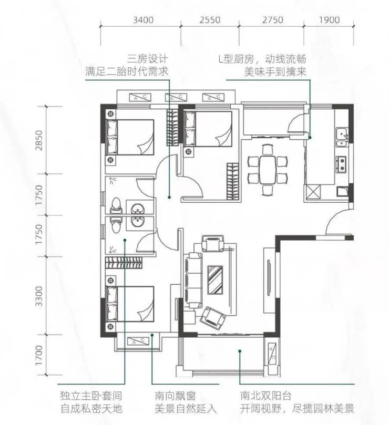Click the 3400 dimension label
pyautogui.click(x=143, y=20)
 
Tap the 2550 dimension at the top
pyautogui.click(x=210, y=20)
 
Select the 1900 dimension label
pyautogui.click(x=329, y=20)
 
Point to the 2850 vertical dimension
pyautogui.click(x=39, y=140)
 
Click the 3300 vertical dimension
pyautogui.click(x=39, y=296)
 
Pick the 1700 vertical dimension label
pyautogui.click(x=39, y=355)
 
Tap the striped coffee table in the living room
pyautogui.click(x=215, y=279)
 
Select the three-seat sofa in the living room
pyautogui.click(x=193, y=280)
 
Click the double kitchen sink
pyautogui.click(x=342, y=137)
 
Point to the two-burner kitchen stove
pyautogui.click(x=341, y=164)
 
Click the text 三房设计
pyautogui.click(x=148, y=59)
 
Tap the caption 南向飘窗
pyautogui.click(x=175, y=396)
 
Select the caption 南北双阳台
pyautogui.click(x=265, y=396)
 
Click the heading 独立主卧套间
pyautogui.click(x=91, y=396)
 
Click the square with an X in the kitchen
pyautogui.click(x=313, y=192)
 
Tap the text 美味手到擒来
pyautogui.click(x=275, y=71)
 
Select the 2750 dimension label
pyautogui.click(x=273, y=20)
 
